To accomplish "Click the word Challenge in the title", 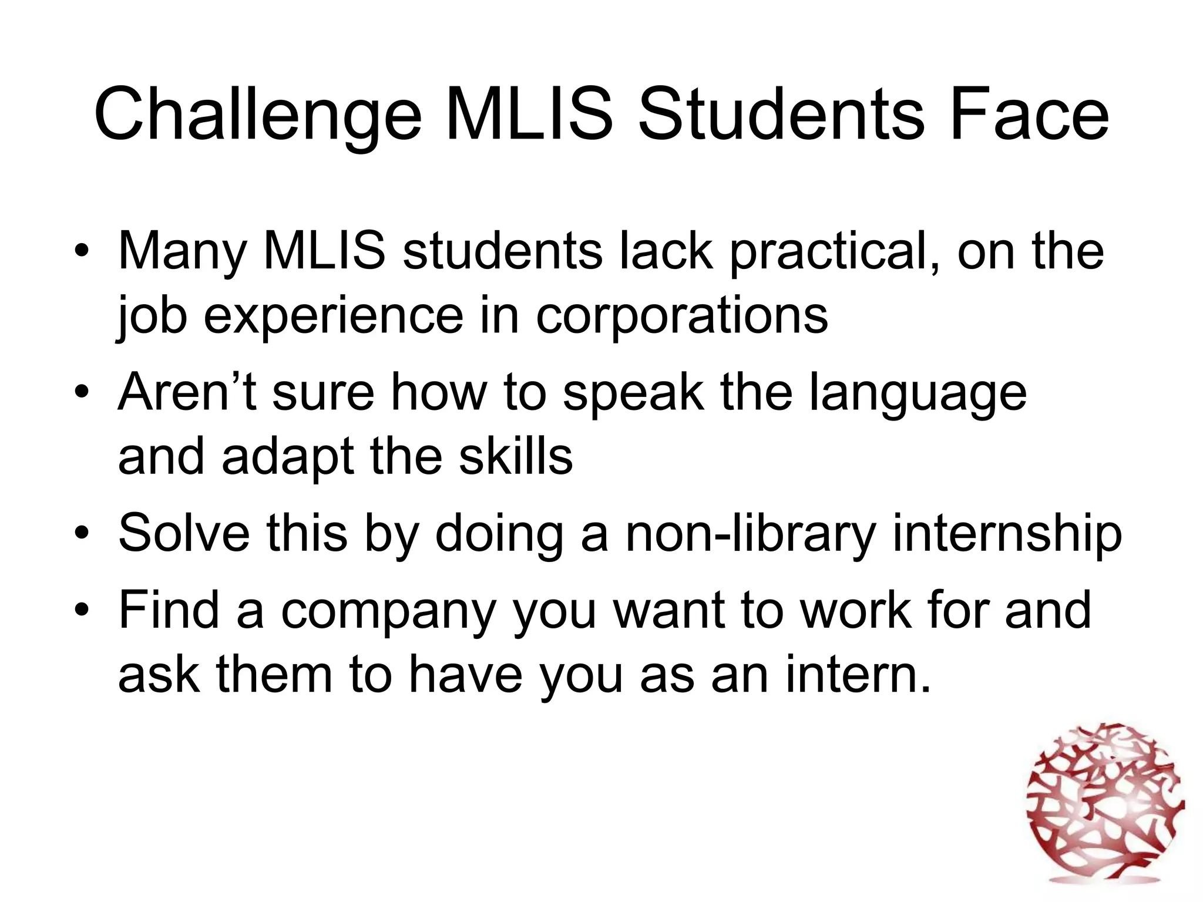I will pos(257,115).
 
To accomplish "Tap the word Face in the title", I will pos(1029,115).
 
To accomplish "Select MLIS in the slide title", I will pos(529,115).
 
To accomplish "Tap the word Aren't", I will pos(187,392).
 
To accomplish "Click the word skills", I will pos(515,457).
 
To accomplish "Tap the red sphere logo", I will pos(1104,810).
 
